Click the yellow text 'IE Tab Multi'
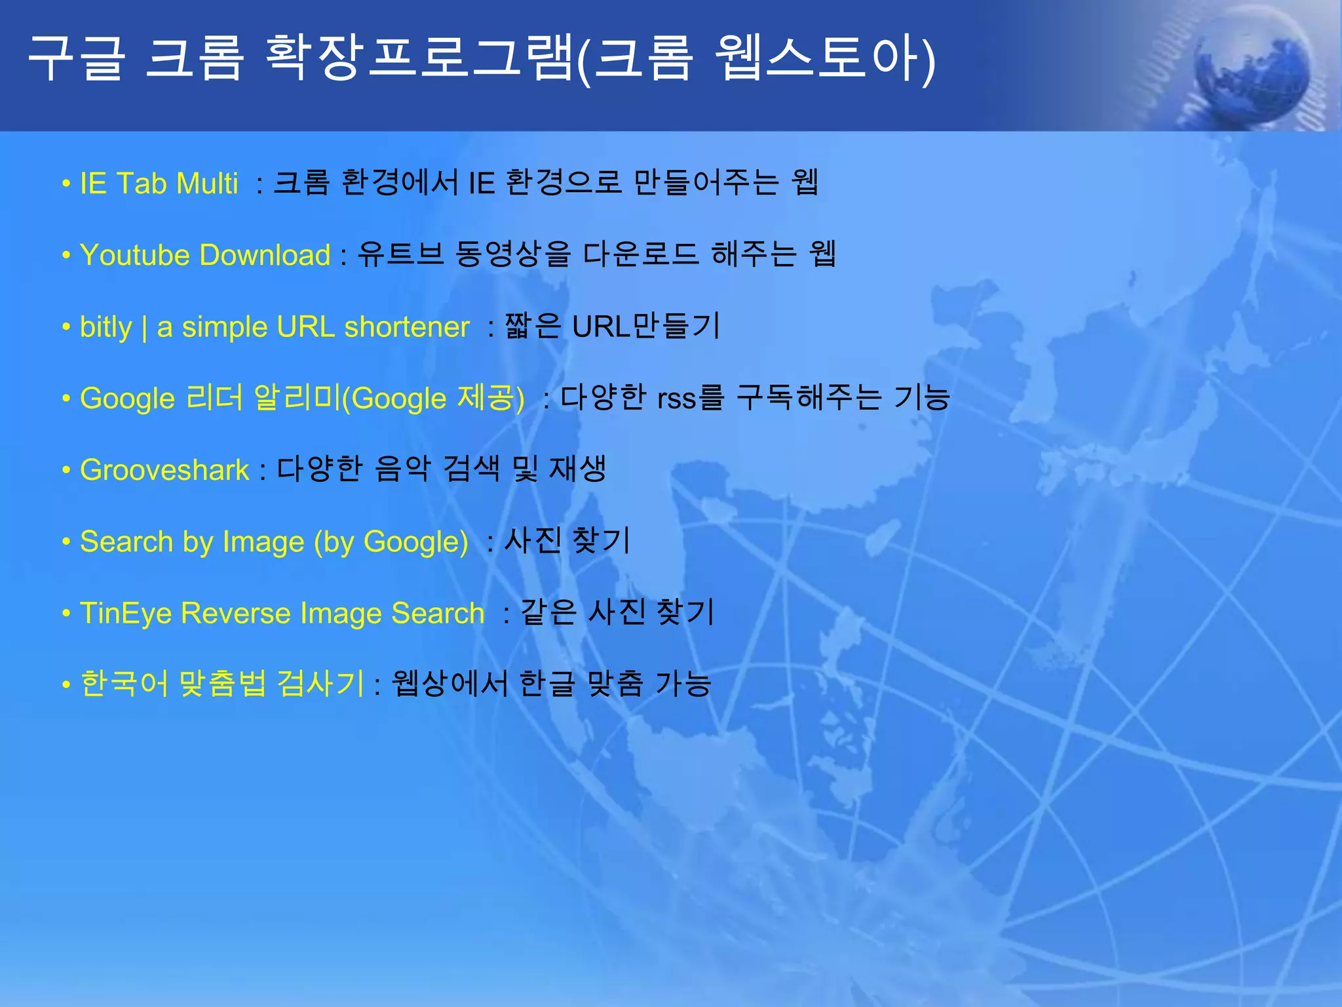(x=159, y=184)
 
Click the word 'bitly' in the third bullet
(x=105, y=327)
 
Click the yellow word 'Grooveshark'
(x=164, y=470)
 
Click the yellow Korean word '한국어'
(x=124, y=684)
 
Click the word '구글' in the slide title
(x=76, y=59)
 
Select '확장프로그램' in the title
(x=419, y=59)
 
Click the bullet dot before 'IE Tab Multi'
(x=66, y=184)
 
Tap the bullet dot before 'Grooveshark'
(x=66, y=471)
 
